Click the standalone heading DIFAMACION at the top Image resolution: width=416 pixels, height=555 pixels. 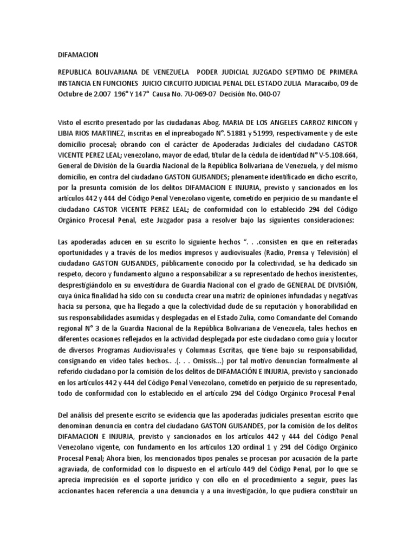78,54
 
